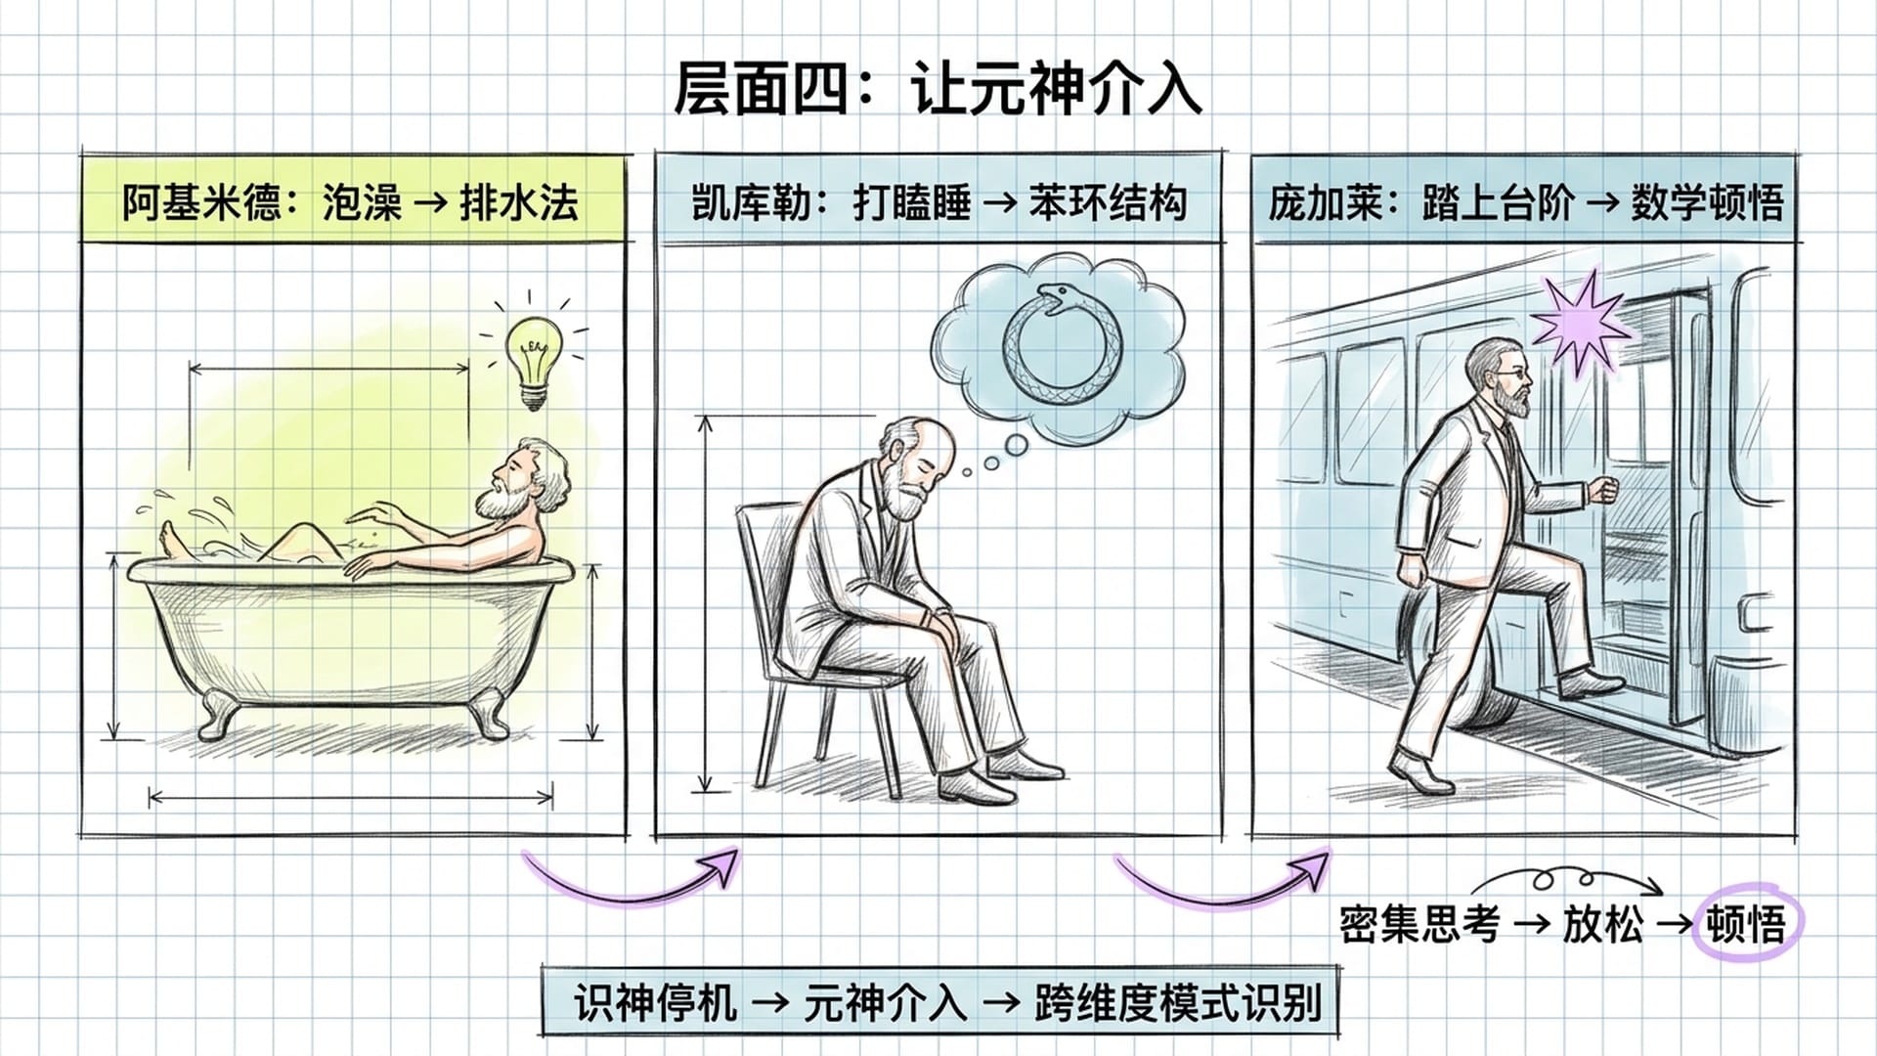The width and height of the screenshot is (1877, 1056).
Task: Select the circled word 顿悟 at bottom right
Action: pyautogui.click(x=1746, y=923)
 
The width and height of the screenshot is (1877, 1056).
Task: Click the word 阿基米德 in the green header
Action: pyautogui.click(x=201, y=202)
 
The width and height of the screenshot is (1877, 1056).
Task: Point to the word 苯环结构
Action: pyautogui.click(x=1108, y=202)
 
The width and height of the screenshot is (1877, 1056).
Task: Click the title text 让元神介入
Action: pyautogui.click(x=1056, y=89)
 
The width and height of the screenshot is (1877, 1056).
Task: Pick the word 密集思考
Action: pyautogui.click(x=1419, y=923)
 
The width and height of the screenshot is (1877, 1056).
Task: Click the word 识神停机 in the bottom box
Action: pyautogui.click(x=655, y=1002)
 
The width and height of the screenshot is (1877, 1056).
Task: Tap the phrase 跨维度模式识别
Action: pyautogui.click(x=1177, y=1002)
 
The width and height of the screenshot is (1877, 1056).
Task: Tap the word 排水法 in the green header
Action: pyautogui.click(x=519, y=202)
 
